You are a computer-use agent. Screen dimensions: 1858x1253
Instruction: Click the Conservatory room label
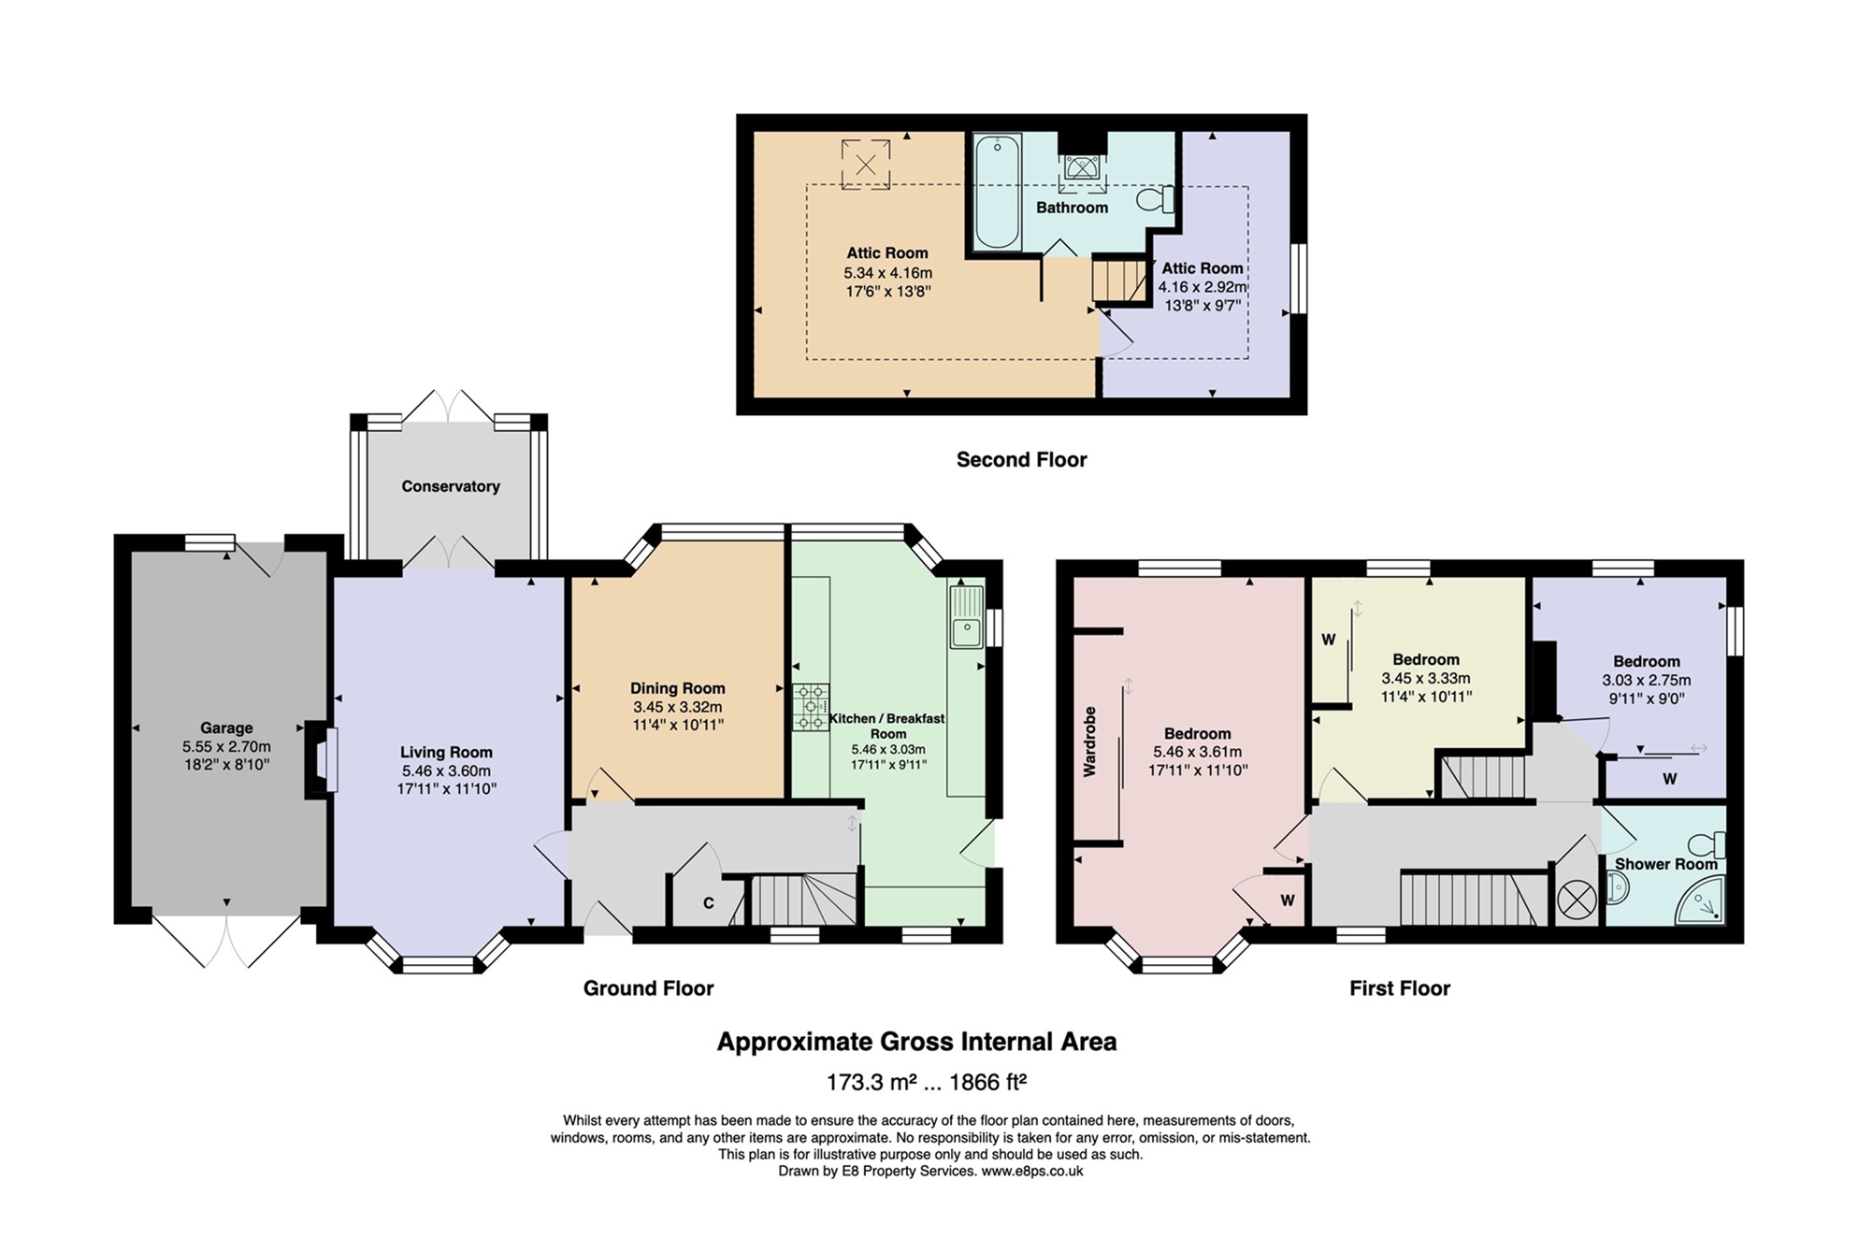pos(450,486)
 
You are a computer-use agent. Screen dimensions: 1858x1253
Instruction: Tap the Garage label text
pos(226,727)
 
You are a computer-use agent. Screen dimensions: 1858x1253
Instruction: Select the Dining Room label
pos(677,688)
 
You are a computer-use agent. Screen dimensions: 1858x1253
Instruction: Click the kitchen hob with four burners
pos(811,707)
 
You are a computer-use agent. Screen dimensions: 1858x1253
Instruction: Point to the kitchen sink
pos(967,616)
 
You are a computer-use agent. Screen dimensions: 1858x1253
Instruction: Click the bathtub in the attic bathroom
pos(998,192)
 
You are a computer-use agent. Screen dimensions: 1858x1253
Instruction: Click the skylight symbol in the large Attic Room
pos(866,165)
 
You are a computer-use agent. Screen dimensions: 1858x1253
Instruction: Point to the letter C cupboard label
pos(709,903)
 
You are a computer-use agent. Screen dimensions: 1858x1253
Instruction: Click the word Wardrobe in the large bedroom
pos(1089,742)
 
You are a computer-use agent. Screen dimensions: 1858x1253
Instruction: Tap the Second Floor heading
pos(1021,459)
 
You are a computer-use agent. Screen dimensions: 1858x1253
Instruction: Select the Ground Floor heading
pos(648,988)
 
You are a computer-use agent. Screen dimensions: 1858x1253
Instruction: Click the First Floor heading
pos(1400,988)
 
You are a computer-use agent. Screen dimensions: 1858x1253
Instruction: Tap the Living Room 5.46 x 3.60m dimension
pos(446,771)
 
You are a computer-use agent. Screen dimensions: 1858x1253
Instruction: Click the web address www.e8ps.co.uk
pos(1032,1171)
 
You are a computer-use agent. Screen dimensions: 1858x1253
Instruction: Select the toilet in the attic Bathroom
pos(1156,199)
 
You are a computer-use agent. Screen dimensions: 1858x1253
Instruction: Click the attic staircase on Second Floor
pos(1120,281)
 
